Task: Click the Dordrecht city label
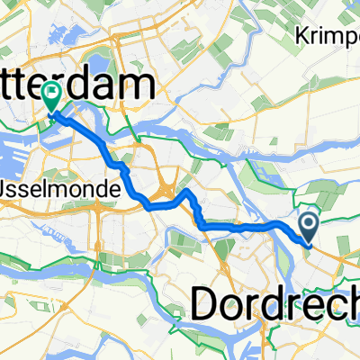click(274, 305)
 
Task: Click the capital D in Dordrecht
click(208, 305)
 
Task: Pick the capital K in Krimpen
click(300, 37)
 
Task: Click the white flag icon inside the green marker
click(52, 91)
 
